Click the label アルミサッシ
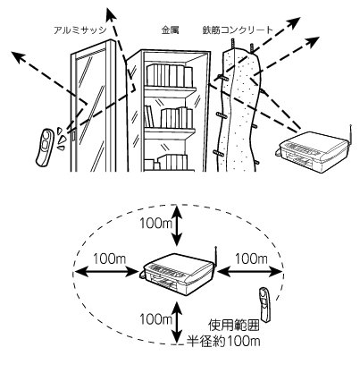80,30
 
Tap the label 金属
170,30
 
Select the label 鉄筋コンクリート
238,30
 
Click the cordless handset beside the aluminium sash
45,147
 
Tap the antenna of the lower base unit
216,257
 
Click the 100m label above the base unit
156,223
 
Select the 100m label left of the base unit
110,259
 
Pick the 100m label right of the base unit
252,259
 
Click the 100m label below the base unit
156,319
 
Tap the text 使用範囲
234,326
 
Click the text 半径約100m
223,341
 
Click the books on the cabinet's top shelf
170,75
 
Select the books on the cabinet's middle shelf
169,117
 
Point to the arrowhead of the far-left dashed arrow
19,56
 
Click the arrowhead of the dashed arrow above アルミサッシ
111,15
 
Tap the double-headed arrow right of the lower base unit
249,271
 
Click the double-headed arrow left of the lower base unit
105,271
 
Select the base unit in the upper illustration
314,151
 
